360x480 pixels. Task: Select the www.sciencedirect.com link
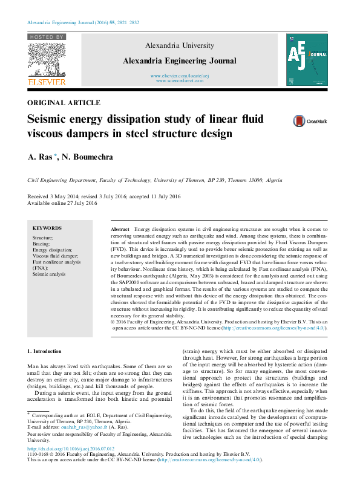pos(179,80)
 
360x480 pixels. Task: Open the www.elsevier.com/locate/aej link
pos(179,76)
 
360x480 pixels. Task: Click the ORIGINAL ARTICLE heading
pos(64,103)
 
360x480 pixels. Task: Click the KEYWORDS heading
pos(47,228)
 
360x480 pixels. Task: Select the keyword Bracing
pos(42,244)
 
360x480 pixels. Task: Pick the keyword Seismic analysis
pos(49,274)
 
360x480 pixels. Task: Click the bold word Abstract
pos(120,230)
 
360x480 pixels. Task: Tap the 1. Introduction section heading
pos(45,351)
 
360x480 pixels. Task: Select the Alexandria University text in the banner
pos(179,45)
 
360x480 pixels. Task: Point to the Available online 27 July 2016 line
pos(62,203)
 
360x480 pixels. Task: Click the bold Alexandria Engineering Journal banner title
pos(179,60)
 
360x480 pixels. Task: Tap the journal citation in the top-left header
pos(83,22)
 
